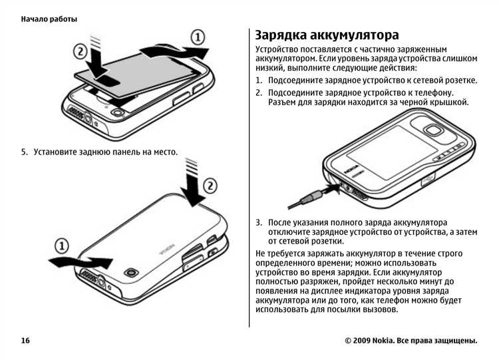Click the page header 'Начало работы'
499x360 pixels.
coord(49,19)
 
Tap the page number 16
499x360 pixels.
coord(25,341)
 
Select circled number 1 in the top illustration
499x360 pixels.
coord(198,36)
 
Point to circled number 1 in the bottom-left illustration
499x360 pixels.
coord(61,246)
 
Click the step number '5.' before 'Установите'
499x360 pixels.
coord(25,152)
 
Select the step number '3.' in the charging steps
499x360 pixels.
coord(259,222)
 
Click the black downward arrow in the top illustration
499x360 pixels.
coord(102,63)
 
